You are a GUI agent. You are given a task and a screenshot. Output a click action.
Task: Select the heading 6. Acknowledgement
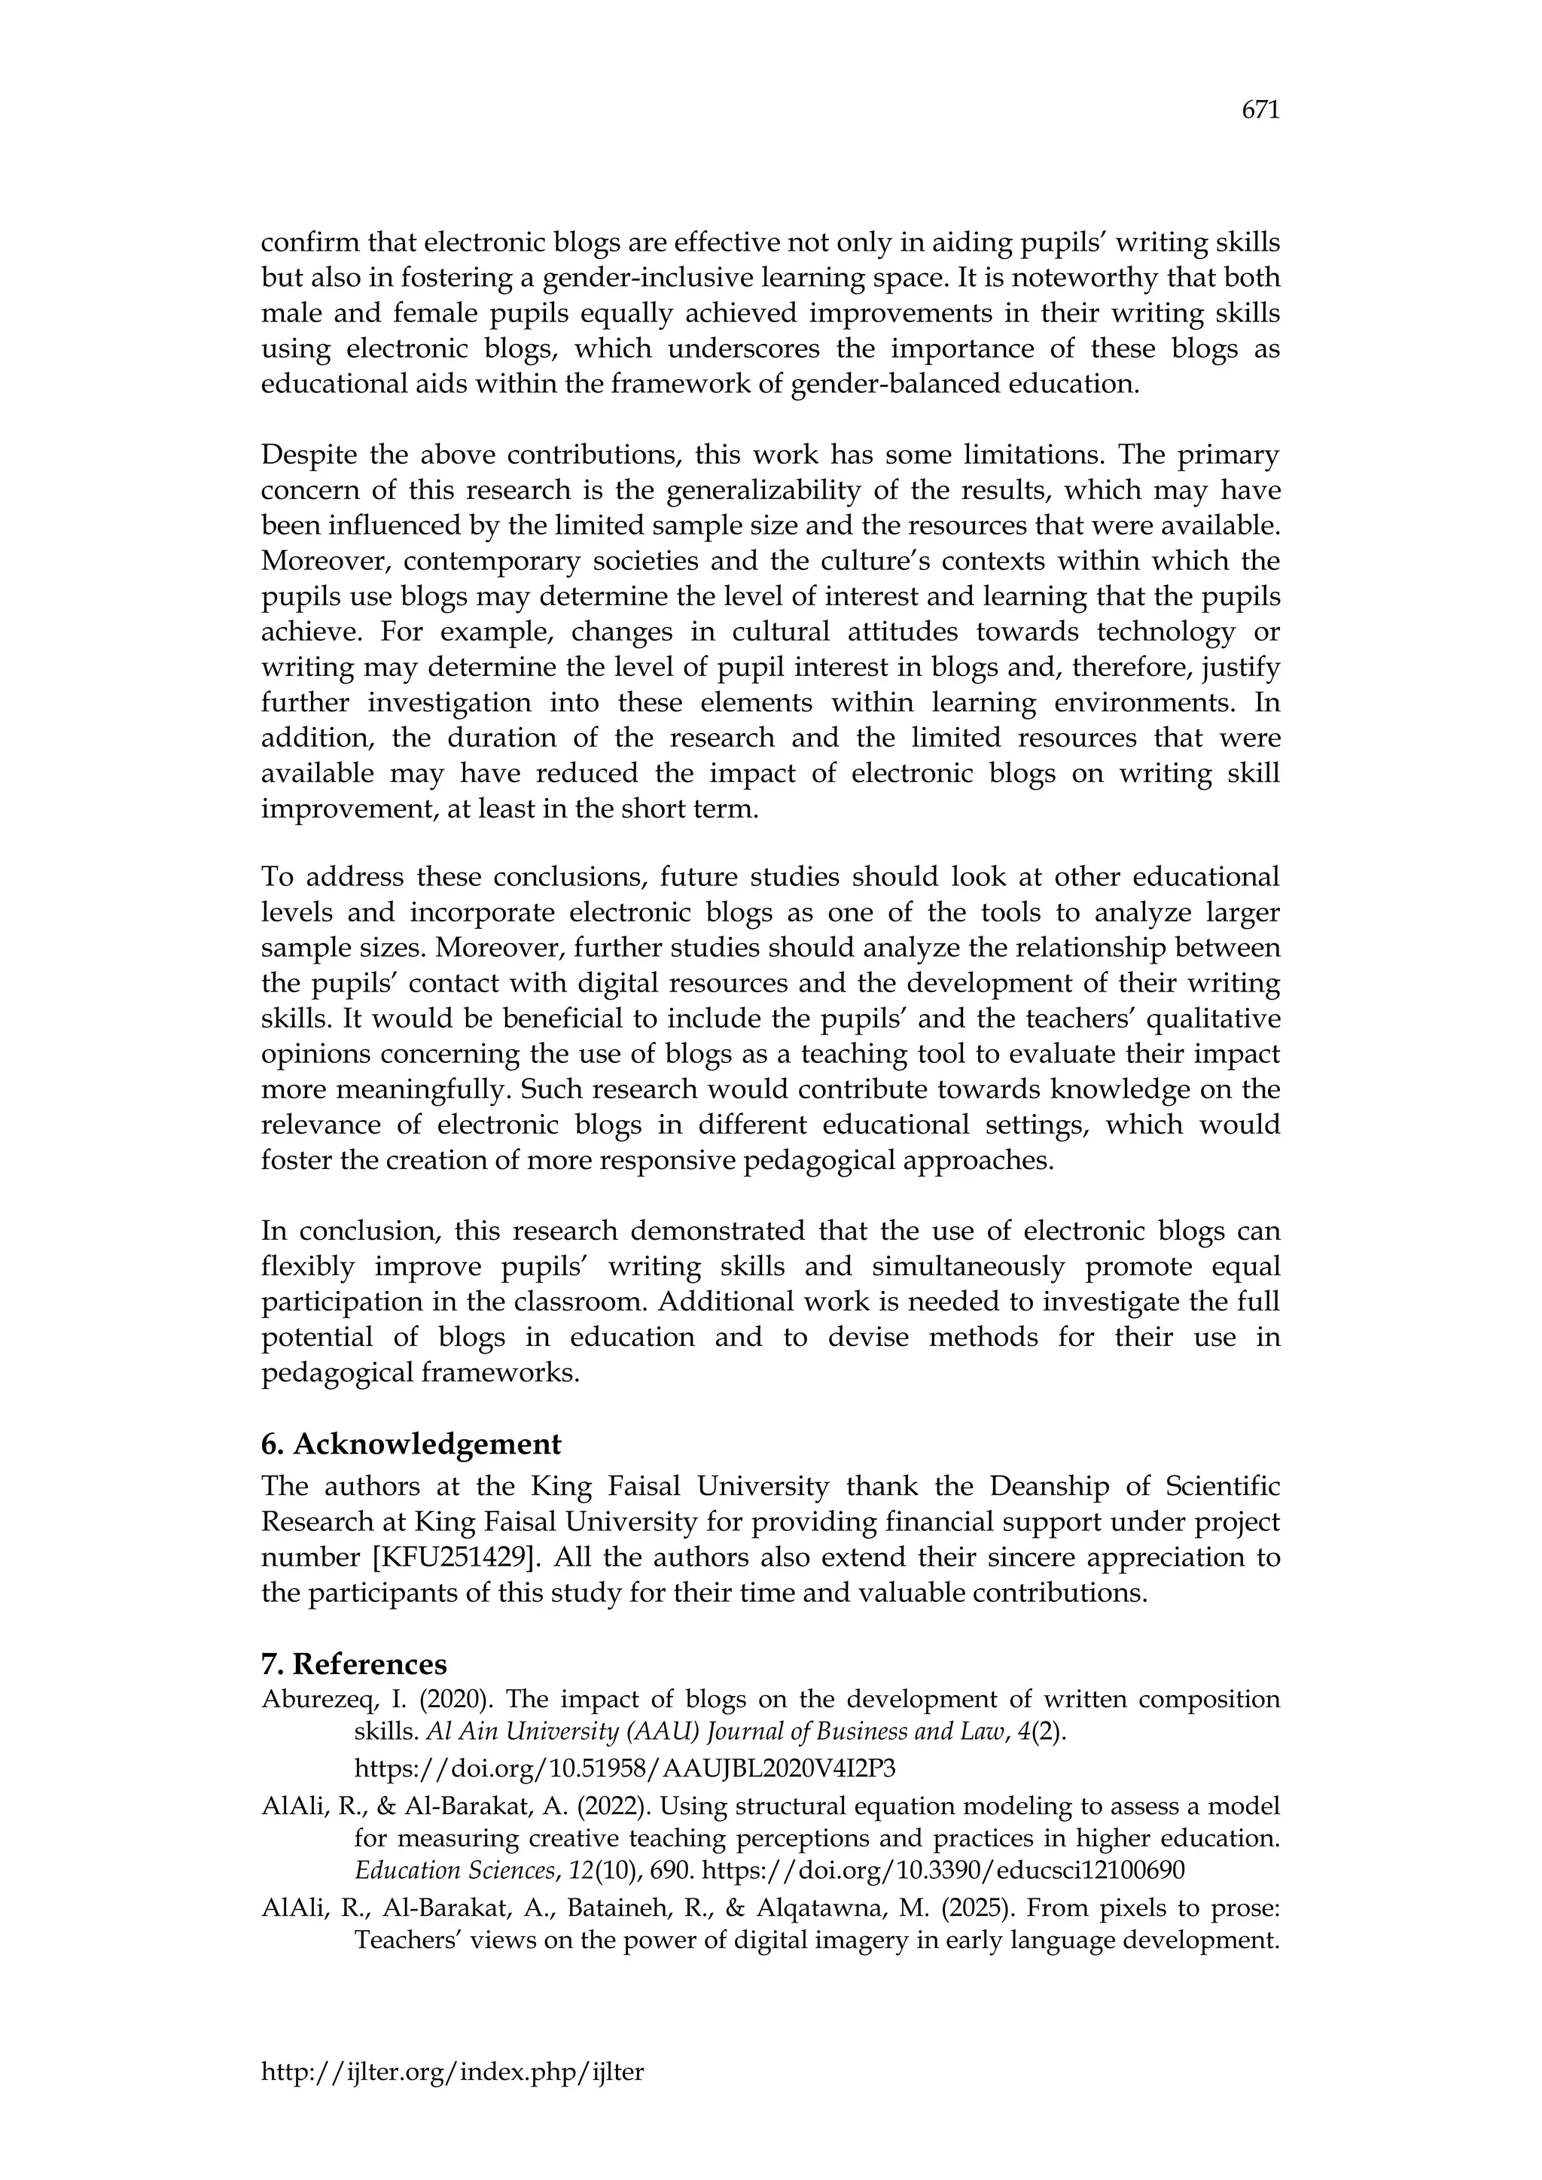(411, 1444)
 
